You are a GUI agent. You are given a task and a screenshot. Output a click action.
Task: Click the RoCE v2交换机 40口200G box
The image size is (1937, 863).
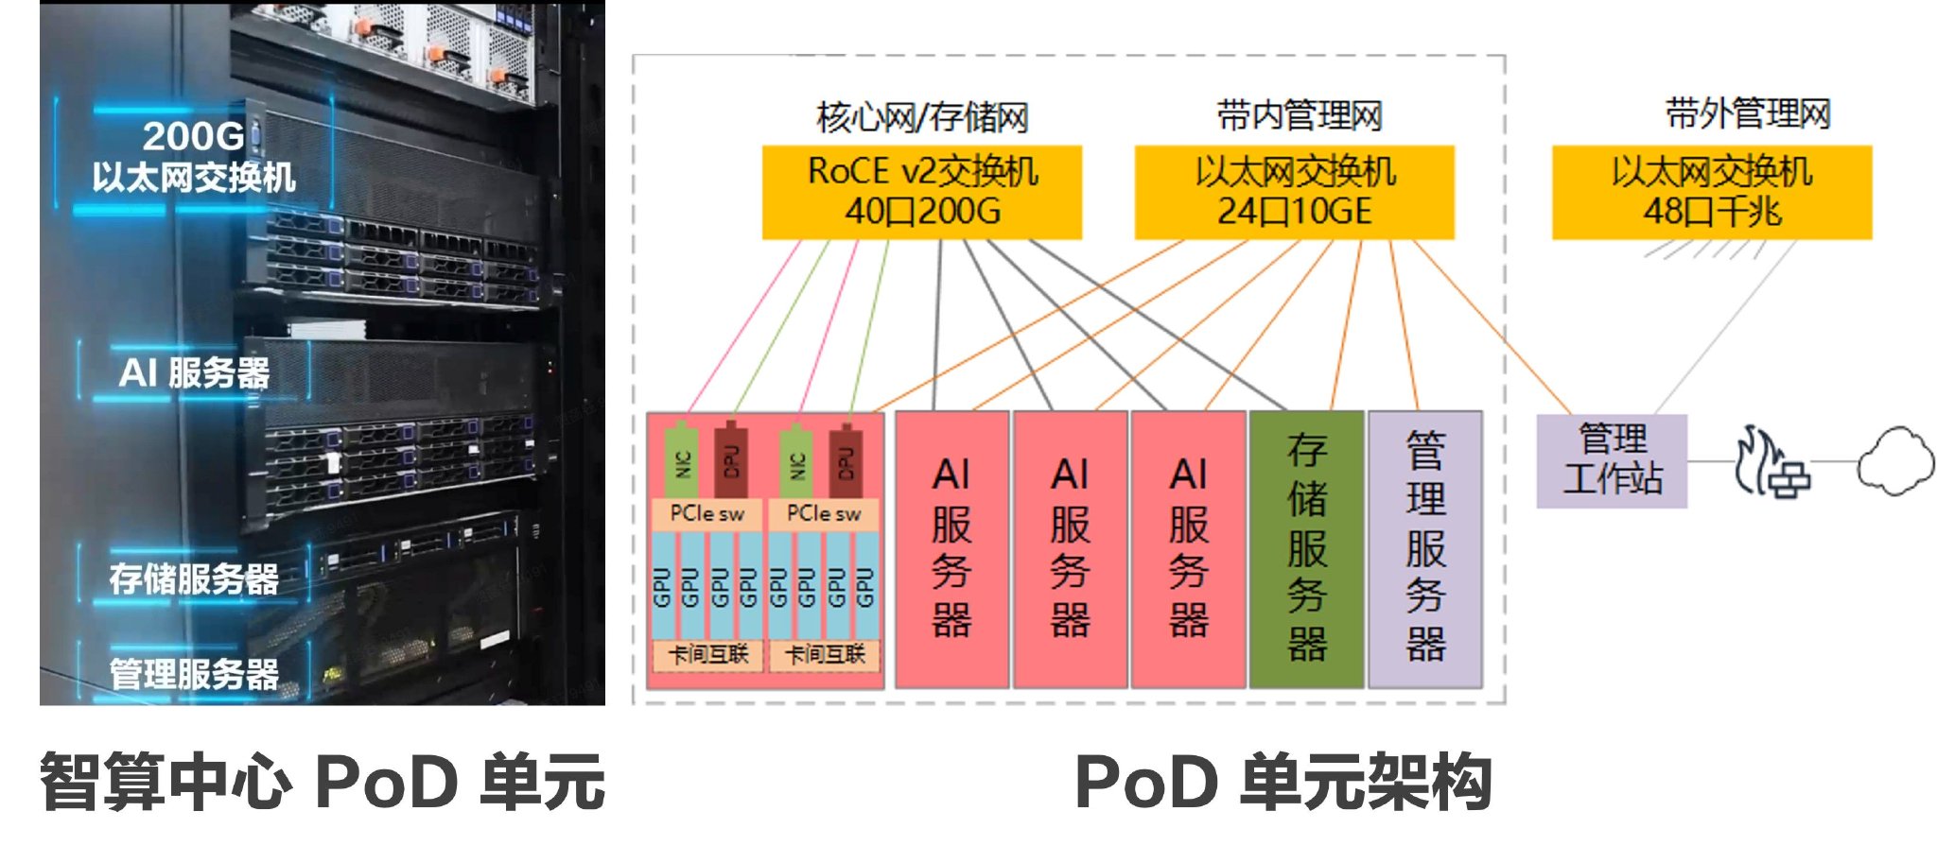click(922, 192)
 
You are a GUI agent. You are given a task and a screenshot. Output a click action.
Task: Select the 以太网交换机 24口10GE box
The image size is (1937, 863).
click(1294, 192)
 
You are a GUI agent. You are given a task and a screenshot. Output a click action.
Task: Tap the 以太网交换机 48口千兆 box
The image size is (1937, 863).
click(1712, 192)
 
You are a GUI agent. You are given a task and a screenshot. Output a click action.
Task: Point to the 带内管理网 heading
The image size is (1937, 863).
click(1299, 116)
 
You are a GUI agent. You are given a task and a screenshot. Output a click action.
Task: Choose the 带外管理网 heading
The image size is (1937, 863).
click(1748, 114)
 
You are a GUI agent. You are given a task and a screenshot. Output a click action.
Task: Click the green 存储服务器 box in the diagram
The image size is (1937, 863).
click(1306, 548)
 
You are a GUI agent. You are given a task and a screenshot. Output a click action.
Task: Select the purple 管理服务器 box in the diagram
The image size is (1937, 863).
click(1425, 548)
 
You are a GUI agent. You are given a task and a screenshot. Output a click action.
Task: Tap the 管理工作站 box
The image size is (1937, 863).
click(1612, 460)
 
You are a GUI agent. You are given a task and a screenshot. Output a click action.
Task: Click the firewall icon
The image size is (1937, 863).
click(1771, 463)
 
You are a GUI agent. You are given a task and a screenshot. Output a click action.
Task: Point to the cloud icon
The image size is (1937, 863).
click(1894, 461)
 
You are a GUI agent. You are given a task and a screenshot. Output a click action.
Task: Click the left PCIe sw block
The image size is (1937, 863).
click(707, 513)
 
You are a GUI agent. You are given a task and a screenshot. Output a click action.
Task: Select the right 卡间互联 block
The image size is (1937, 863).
click(825, 654)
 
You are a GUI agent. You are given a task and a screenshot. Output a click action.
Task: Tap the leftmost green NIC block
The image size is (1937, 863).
click(681, 460)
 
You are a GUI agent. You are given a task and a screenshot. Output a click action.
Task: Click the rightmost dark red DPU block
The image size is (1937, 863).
click(846, 460)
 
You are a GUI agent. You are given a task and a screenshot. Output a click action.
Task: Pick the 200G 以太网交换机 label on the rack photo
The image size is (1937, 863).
click(194, 156)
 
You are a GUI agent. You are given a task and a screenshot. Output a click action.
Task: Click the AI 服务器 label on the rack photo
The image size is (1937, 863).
click(194, 372)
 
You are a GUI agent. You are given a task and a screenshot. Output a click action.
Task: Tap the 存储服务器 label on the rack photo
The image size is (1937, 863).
click(194, 578)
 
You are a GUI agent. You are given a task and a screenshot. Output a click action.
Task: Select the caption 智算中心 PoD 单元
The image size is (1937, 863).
click(322, 783)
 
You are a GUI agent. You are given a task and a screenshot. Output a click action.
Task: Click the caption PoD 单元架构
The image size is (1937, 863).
click(1283, 783)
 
